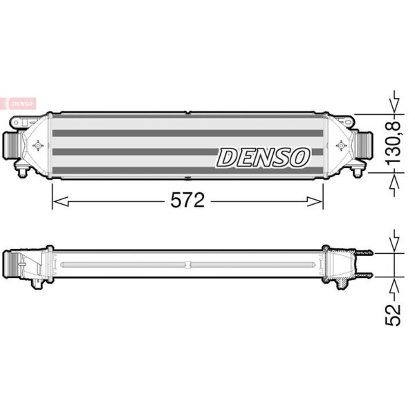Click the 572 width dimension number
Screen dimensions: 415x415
pyautogui.click(x=187, y=200)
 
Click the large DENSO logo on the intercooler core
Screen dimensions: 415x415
pyautogui.click(x=263, y=158)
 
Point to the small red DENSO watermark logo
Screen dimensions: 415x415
pyautogui.click(x=18, y=104)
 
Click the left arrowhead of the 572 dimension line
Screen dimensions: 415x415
pyautogui.click(x=60, y=201)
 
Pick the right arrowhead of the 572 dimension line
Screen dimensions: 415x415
pyautogui.click(x=315, y=201)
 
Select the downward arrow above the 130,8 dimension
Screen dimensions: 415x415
pyautogui.click(x=394, y=102)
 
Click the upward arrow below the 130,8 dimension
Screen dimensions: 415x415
pyautogui.click(x=394, y=185)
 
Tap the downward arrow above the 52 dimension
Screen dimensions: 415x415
pyautogui.click(x=394, y=241)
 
